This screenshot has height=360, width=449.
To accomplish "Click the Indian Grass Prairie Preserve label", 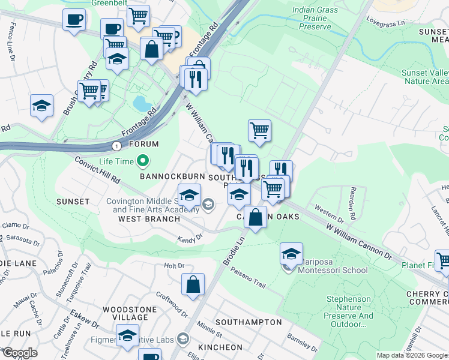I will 320,18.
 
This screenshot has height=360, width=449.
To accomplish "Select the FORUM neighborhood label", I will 144,144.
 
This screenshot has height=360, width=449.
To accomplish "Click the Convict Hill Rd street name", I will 98,170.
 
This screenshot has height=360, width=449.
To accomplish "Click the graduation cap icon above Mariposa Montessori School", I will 291,254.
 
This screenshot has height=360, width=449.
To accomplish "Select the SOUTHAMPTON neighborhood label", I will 248,322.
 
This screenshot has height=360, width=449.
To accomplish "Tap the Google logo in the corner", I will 20,353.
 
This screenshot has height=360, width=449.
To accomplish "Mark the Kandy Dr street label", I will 190,238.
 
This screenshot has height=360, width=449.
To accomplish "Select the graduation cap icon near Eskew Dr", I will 128,336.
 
